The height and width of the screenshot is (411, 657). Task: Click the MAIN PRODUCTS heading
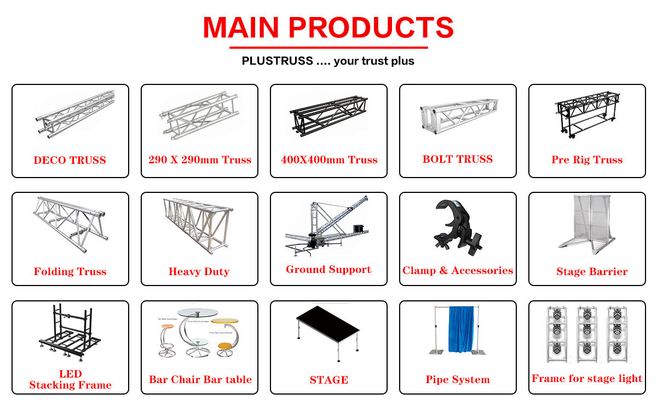click(x=328, y=27)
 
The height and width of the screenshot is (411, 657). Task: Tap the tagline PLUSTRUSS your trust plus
click(x=328, y=61)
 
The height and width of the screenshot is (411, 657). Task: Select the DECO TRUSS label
click(x=70, y=161)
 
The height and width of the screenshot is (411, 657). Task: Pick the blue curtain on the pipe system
click(x=460, y=329)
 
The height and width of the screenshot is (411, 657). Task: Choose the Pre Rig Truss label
click(x=587, y=160)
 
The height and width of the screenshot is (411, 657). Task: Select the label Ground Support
click(x=328, y=270)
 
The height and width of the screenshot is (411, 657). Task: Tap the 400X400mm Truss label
click(x=329, y=160)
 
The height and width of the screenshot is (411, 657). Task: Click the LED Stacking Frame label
click(x=70, y=380)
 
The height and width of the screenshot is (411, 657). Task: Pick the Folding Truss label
click(x=70, y=271)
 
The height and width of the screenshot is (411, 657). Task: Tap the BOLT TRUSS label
click(x=458, y=159)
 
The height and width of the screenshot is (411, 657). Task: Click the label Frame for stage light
click(x=587, y=379)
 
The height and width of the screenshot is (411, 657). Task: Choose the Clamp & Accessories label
click(x=458, y=271)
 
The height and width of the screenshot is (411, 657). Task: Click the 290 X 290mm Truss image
click(x=199, y=116)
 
